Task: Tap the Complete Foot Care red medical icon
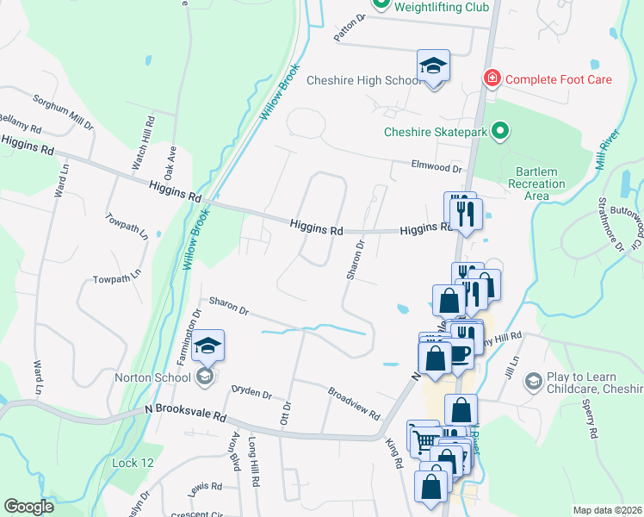pyautogui.click(x=492, y=79)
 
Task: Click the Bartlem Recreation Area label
pyautogui.click(x=536, y=184)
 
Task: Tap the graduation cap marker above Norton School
pyautogui.click(x=207, y=346)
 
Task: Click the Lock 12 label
pyautogui.click(x=133, y=463)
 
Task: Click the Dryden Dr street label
pyautogui.click(x=251, y=393)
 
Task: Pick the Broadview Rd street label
pyautogui.click(x=353, y=402)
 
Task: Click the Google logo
pyautogui.click(x=28, y=507)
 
